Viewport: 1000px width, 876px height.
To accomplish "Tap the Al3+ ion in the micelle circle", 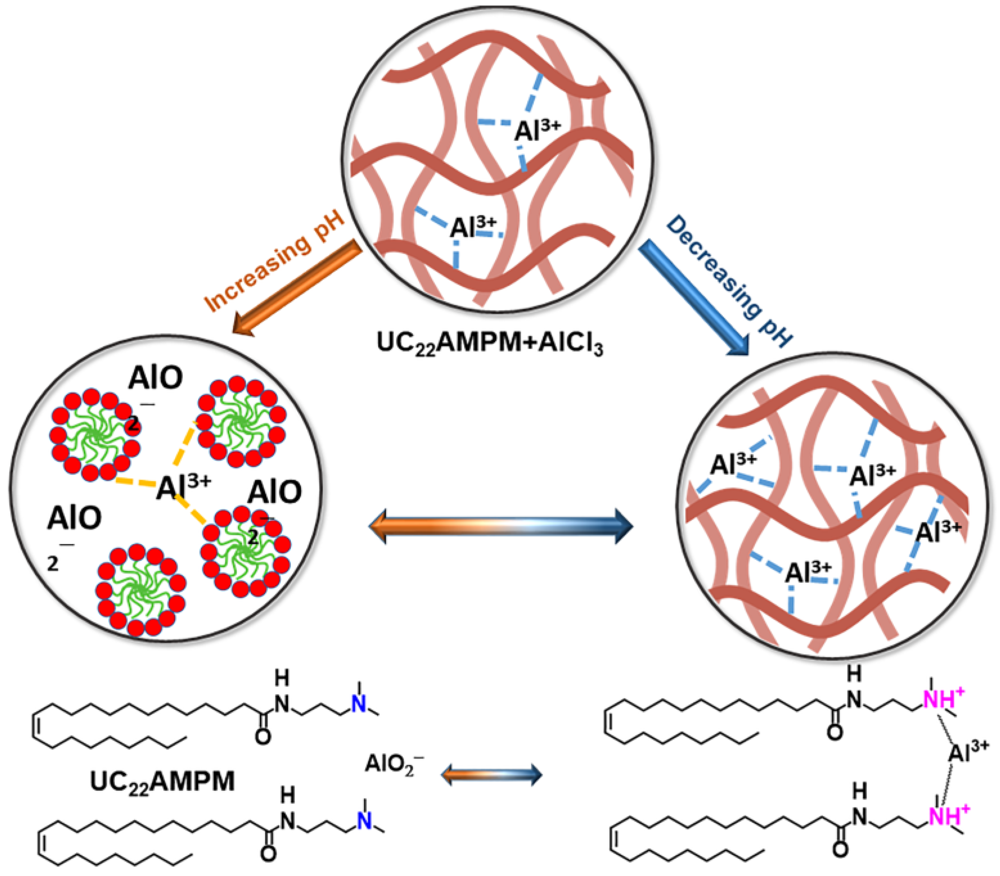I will click(183, 487).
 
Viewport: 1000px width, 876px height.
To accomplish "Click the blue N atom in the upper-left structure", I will click(359, 704).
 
